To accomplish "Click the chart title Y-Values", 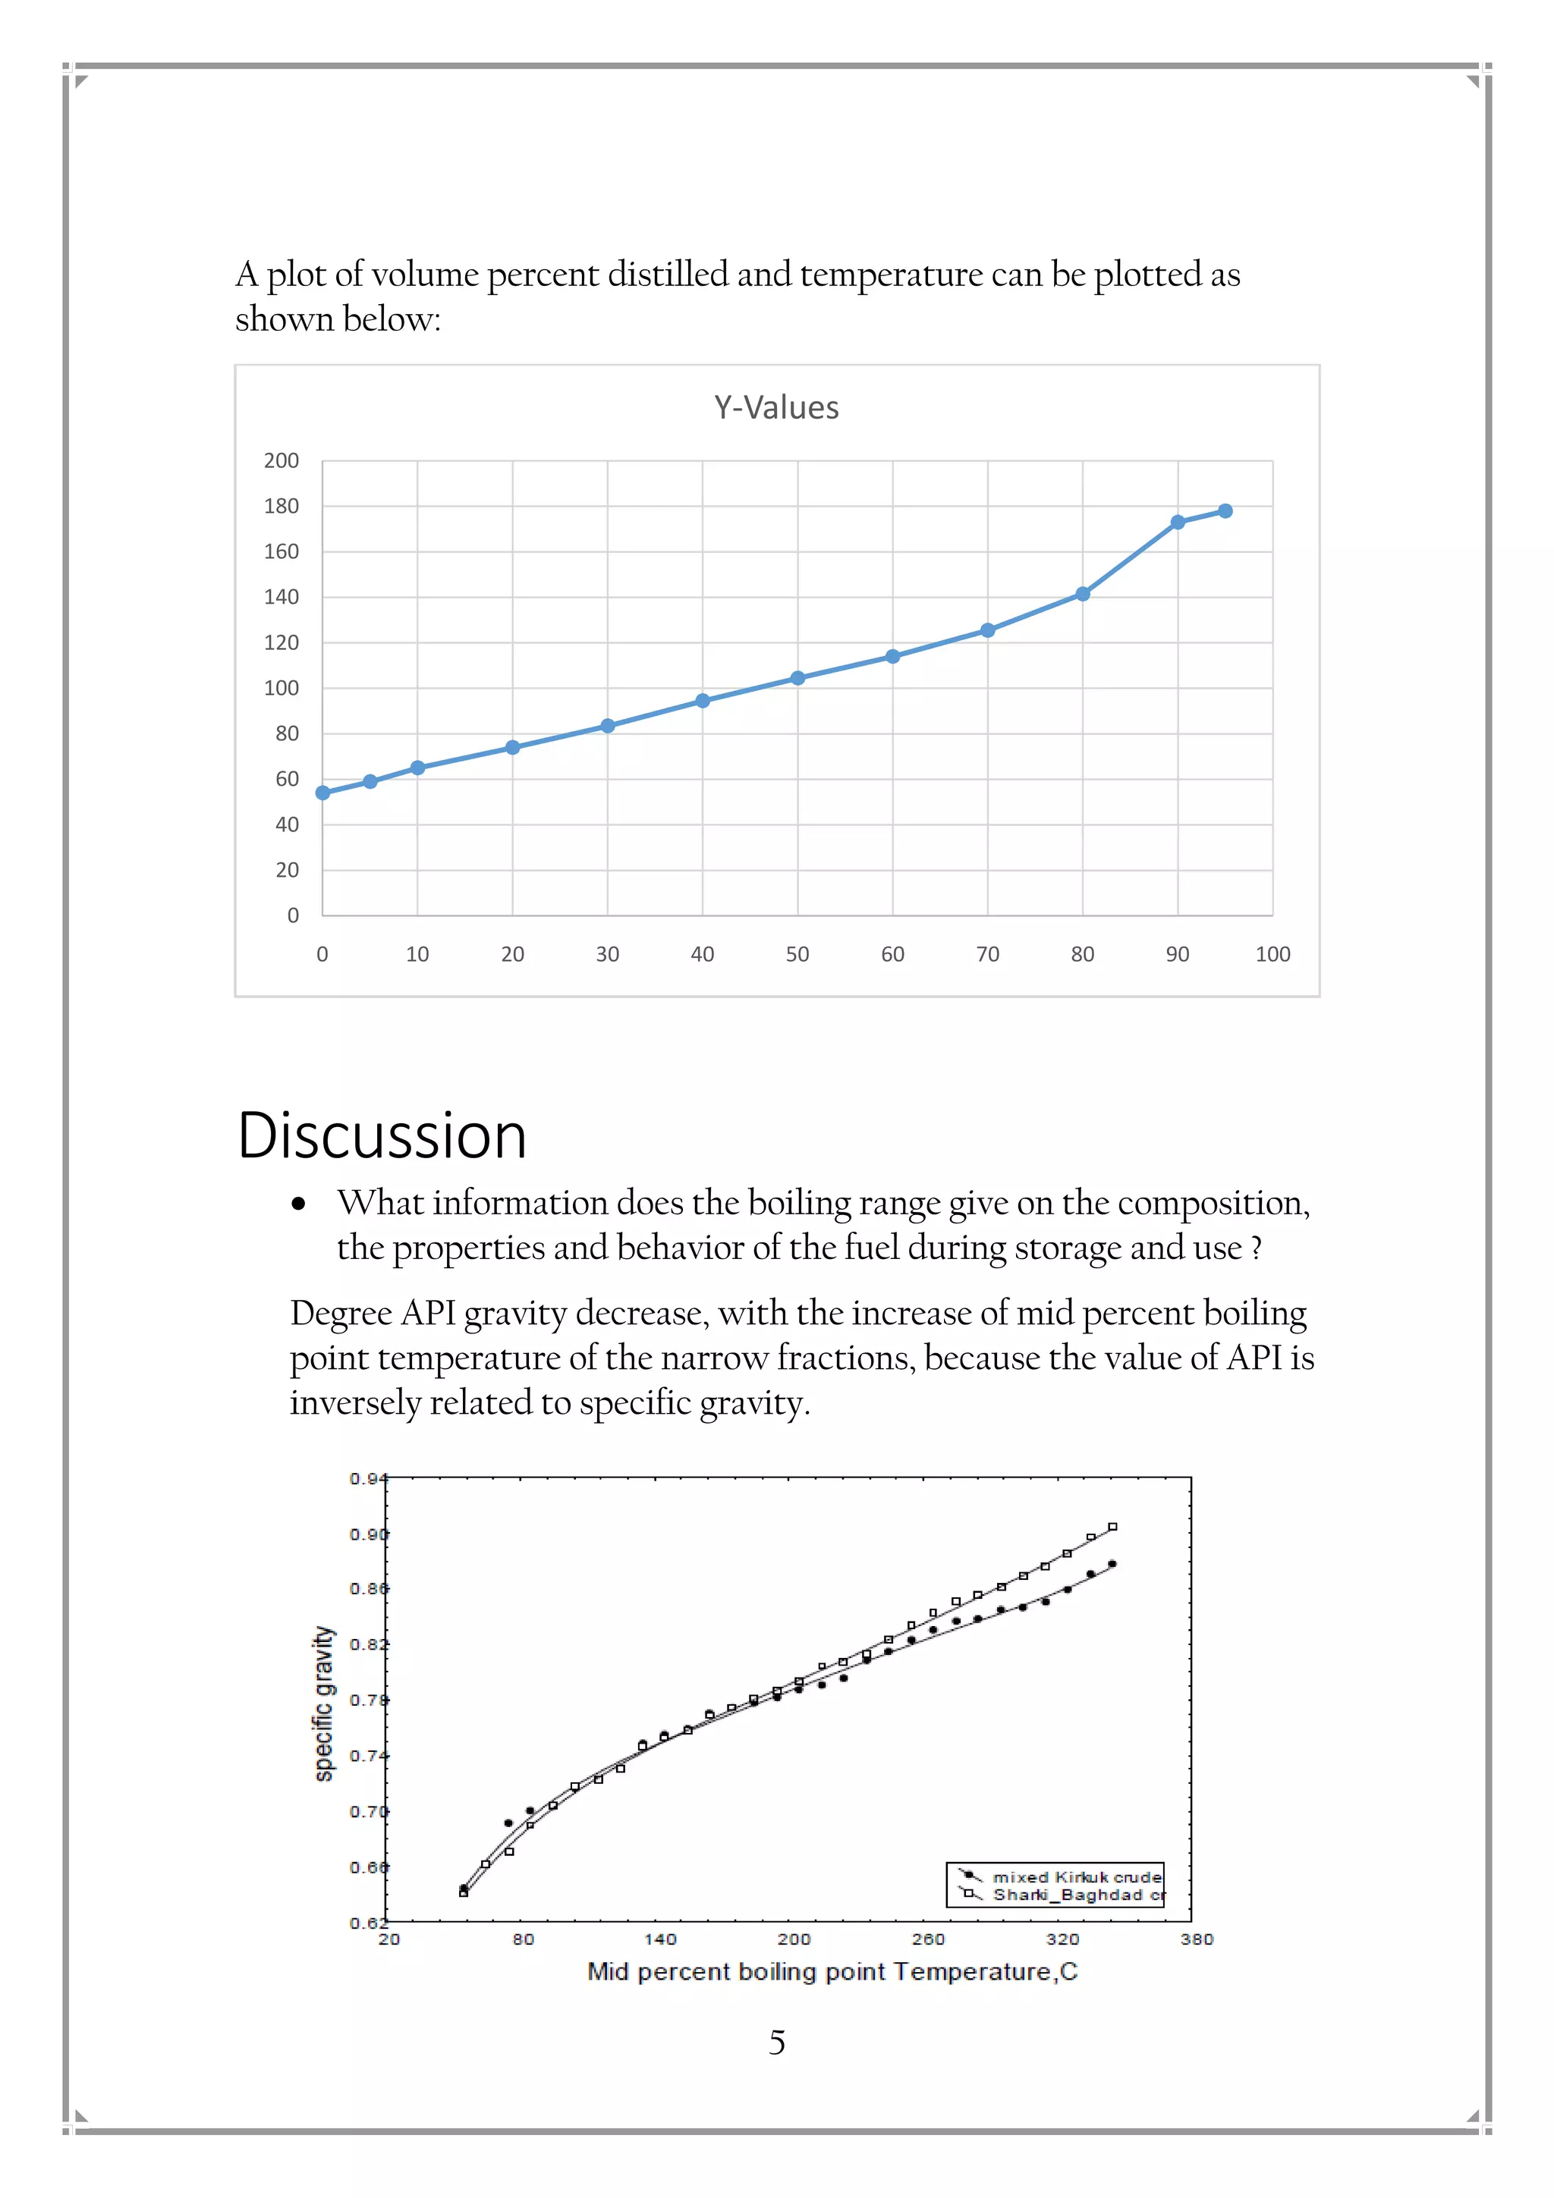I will (775, 408).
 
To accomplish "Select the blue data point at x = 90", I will (1178, 522).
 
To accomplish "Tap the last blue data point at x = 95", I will (1225, 511).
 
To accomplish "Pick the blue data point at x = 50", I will (797, 678).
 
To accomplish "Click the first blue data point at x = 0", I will (322, 793).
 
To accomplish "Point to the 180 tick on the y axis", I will (282, 507).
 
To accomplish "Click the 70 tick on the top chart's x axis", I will (987, 953).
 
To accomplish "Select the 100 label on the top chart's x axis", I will (1272, 953).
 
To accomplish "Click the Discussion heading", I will (382, 1136).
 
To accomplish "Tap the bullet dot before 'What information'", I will (299, 1205).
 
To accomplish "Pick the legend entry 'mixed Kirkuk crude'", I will (1076, 1877).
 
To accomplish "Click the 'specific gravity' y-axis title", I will (325, 1703).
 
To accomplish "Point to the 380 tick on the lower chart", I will (1196, 1939).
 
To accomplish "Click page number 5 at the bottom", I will (776, 2043).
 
